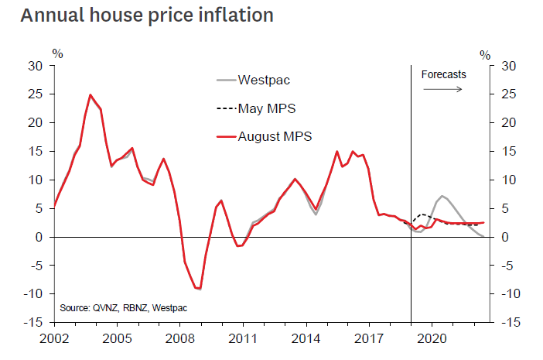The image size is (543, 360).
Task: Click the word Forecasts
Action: point(444,74)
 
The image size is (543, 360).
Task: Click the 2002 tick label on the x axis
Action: point(53,338)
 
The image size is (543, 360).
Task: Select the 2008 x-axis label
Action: point(179,338)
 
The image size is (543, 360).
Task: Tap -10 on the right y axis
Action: point(511,294)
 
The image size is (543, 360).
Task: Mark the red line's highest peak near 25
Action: point(90,95)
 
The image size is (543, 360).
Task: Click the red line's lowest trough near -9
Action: point(200,289)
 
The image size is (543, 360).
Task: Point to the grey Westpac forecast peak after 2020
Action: point(442,196)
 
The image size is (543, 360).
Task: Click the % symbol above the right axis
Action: point(485,54)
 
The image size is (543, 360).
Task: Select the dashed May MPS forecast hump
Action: point(422,214)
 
